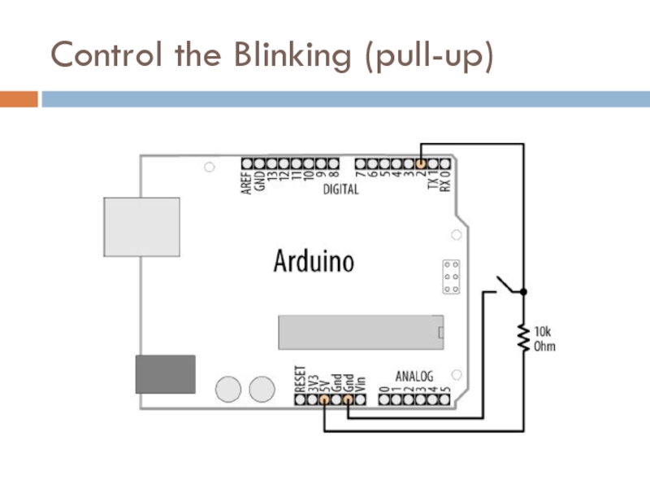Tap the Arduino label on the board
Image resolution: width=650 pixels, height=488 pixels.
[314, 262]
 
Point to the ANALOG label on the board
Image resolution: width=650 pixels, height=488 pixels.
[414, 377]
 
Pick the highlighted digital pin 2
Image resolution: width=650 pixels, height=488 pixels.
[421, 163]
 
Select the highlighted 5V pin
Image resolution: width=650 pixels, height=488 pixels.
[324, 400]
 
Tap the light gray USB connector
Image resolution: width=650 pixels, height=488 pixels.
[141, 225]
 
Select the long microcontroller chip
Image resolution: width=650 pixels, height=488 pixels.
[361, 331]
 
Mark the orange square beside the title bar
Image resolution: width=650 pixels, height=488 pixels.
[18, 99]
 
